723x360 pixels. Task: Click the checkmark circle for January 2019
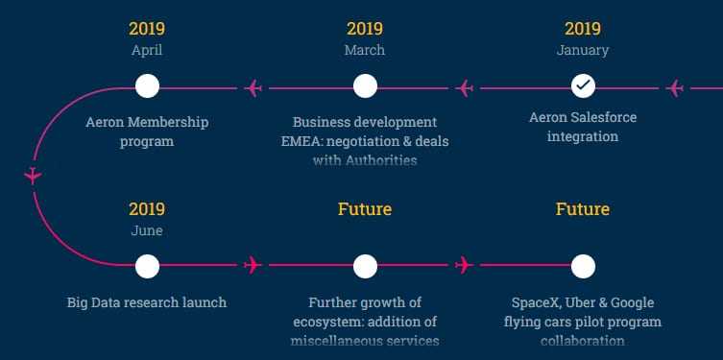tap(583, 86)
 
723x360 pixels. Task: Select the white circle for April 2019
tap(147, 86)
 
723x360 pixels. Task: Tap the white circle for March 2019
tap(365, 86)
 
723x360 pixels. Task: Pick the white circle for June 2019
tap(147, 266)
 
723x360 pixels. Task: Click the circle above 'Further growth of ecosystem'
tap(365, 266)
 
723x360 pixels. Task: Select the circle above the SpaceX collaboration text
tap(583, 266)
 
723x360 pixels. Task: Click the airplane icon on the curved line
tap(34, 176)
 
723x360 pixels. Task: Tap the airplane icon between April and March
tap(253, 88)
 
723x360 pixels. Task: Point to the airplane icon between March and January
tap(466, 88)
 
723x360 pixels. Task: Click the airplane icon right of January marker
tap(675, 88)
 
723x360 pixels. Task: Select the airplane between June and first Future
tap(253, 264)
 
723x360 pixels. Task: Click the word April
tap(147, 50)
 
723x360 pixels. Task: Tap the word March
tap(365, 50)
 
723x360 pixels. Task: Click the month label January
tap(583, 50)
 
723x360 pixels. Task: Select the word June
tap(147, 230)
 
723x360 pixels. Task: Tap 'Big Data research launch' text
tap(147, 302)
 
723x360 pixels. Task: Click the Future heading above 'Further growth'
tap(365, 208)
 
